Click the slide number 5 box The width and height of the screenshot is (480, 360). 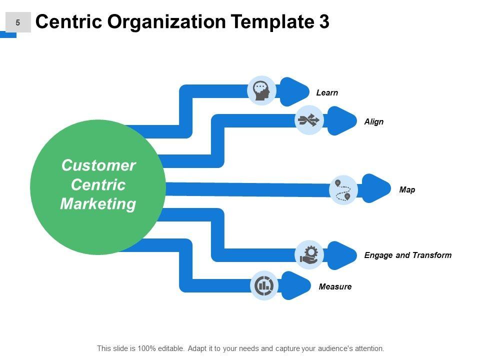click(x=18, y=22)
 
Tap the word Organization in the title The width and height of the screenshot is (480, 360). click(x=166, y=22)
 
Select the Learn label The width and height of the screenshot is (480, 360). click(x=327, y=92)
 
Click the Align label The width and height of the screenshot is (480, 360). click(x=374, y=122)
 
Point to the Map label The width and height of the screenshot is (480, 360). click(x=407, y=190)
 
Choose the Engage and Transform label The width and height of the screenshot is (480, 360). click(x=408, y=255)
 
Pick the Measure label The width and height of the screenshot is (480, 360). click(x=335, y=286)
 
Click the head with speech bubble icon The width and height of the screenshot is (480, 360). click(x=261, y=90)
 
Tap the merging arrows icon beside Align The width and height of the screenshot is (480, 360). click(x=308, y=120)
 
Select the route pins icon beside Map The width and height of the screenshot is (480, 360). click(x=343, y=190)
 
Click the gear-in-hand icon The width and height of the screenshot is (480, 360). click(x=309, y=254)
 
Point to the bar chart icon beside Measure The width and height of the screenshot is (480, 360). click(x=264, y=285)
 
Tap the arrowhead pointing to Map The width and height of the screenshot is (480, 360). click(x=376, y=188)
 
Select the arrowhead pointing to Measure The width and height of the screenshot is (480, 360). click(x=295, y=285)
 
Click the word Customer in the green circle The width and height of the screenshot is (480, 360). click(x=98, y=165)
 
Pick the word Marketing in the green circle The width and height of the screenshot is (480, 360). click(x=98, y=204)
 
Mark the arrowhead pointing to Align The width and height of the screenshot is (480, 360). click(x=341, y=120)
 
